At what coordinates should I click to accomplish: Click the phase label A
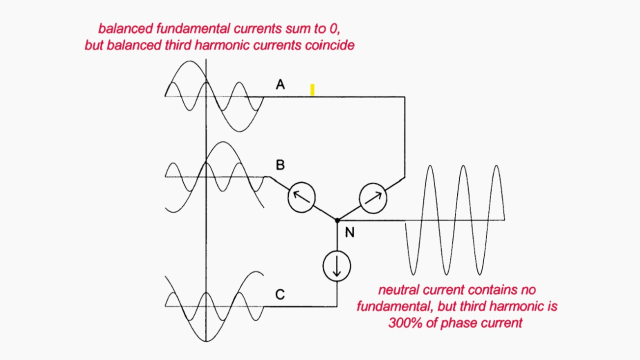coord(280,84)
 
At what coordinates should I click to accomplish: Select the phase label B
coord(280,165)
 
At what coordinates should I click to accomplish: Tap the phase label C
coord(280,294)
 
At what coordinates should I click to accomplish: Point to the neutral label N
coord(349,232)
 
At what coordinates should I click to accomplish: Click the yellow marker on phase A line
coord(312,89)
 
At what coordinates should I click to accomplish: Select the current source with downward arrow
coord(337,266)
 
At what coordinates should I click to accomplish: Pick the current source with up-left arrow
coord(301,197)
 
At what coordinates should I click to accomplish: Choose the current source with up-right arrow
coord(373,198)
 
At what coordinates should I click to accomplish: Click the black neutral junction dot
coord(337,220)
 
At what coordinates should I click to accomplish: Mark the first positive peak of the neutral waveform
coord(430,166)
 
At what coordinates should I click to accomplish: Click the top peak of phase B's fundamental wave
coord(223,142)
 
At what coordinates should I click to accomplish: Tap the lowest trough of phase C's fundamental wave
coord(206,341)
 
